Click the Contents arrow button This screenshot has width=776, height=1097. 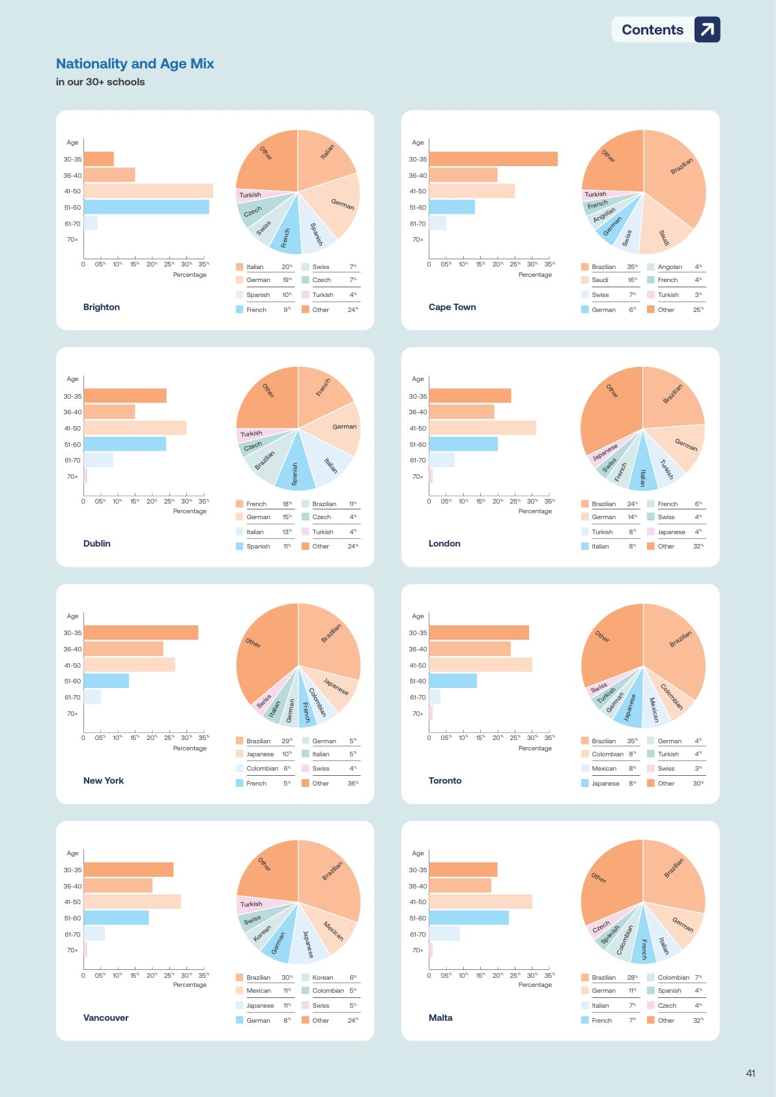coord(707,29)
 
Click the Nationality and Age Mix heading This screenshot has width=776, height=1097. coord(135,64)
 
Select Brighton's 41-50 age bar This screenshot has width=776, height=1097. coord(148,191)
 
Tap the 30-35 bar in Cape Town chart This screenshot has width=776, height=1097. coord(493,159)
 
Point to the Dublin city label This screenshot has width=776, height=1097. coord(96,543)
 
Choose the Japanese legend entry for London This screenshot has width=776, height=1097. coord(671,532)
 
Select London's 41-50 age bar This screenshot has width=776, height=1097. coord(482,428)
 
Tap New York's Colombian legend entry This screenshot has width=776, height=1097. coord(262,769)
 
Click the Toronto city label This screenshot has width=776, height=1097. coord(444,780)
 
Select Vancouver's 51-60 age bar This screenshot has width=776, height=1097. coord(116,918)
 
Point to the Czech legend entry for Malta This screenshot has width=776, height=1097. coord(667,1005)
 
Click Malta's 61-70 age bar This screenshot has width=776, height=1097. coord(444,933)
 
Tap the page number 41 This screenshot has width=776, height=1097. coord(751,1073)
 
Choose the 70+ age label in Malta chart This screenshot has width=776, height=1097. coord(418,950)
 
